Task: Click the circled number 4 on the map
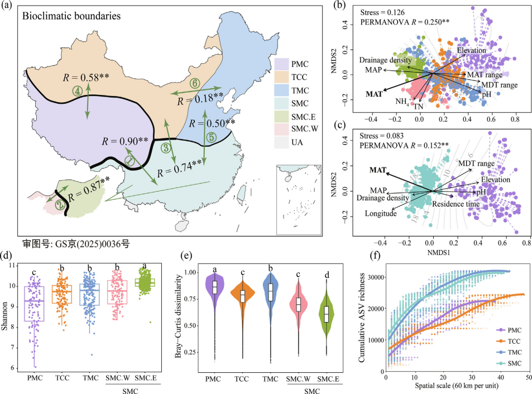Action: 78,89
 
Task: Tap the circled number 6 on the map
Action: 195,81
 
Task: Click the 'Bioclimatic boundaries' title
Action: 71,16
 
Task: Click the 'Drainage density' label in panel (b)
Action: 385,60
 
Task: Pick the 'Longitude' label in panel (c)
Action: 366,213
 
